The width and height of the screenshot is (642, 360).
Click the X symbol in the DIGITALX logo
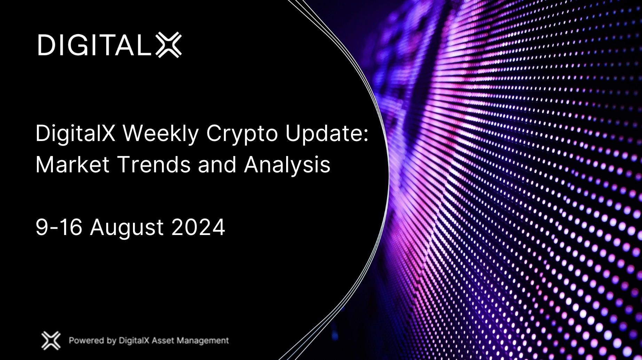click(169, 45)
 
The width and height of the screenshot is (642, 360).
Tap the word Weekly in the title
click(160, 134)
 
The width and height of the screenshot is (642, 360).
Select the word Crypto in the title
click(242, 134)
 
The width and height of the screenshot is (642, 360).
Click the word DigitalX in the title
click(75, 134)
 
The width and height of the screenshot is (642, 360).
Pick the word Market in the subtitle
click(72, 164)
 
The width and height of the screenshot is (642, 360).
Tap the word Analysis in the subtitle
click(287, 165)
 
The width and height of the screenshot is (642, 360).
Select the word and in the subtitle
click(217, 164)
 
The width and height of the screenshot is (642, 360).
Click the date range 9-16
click(59, 227)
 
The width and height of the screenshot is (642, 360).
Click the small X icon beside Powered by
click(51, 341)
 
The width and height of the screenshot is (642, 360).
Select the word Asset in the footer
click(163, 341)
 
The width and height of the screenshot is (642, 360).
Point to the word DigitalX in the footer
click(134, 341)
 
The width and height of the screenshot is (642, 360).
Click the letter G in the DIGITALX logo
click(79, 45)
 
